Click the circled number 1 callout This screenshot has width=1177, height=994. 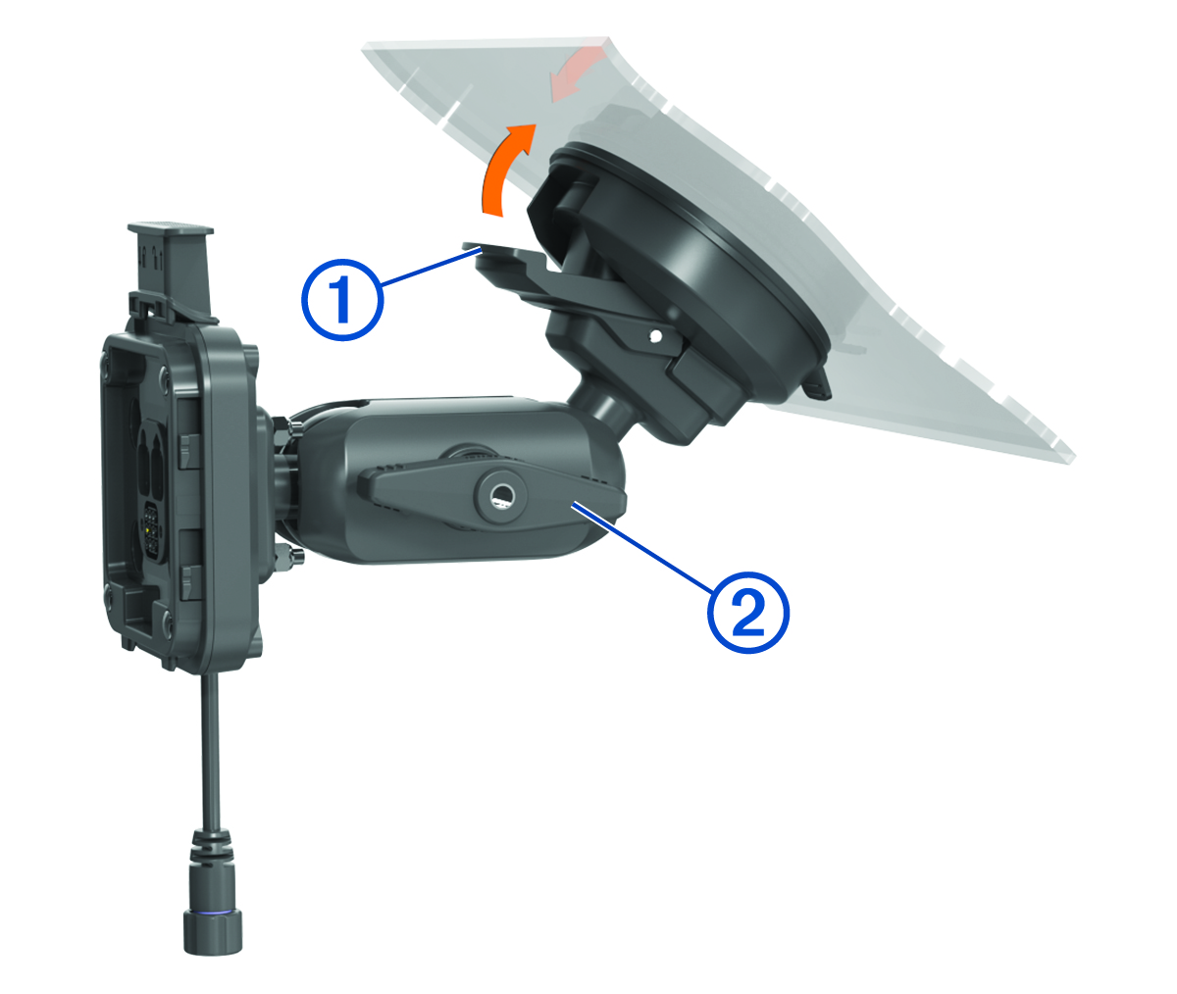coord(342,299)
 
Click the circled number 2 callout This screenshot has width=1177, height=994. coord(748,612)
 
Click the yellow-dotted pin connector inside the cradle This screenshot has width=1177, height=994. coord(151,529)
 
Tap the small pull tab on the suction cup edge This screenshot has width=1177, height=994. coord(816,383)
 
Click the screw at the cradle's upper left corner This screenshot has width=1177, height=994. coord(105,357)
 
